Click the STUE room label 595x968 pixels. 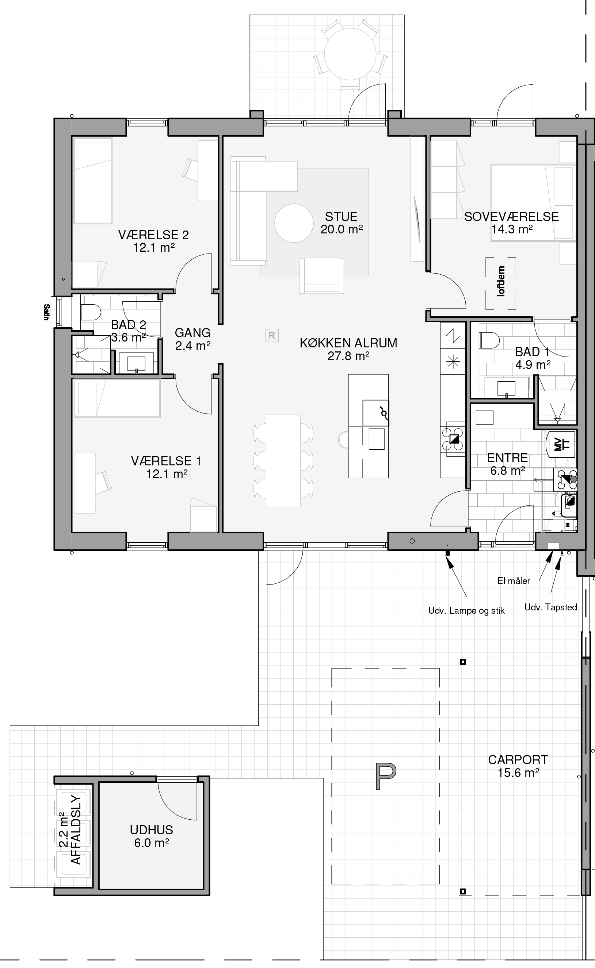(341, 216)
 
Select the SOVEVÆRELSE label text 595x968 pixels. (511, 216)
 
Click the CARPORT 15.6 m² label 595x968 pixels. (518, 766)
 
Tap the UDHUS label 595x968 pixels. (152, 830)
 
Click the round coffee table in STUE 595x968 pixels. (294, 223)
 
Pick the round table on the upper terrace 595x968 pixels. (350, 54)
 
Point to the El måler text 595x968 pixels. (514, 581)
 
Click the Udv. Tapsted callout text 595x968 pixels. (550, 607)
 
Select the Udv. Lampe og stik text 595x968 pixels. (466, 611)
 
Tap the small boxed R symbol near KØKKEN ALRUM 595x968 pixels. (272, 335)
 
